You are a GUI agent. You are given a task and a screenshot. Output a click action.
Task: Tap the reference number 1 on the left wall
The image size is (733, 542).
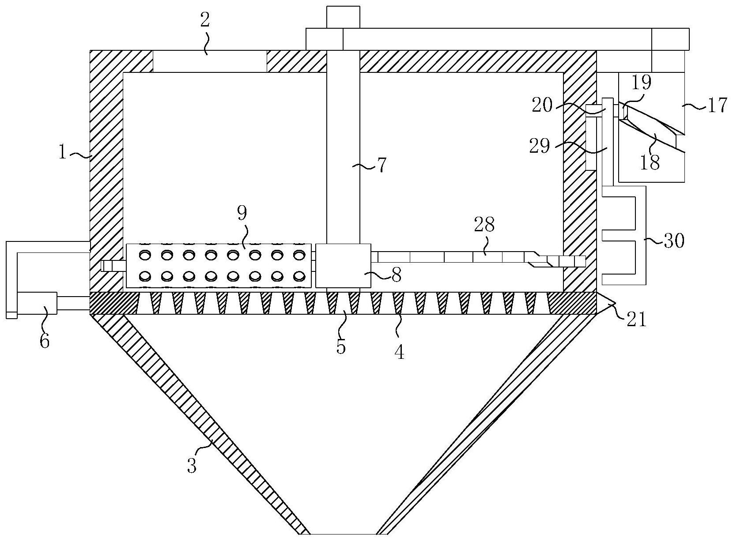63,153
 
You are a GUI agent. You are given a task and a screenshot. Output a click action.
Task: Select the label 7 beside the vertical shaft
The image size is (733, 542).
381,165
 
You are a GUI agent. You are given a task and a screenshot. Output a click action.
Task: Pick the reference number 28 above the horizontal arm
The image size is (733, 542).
484,226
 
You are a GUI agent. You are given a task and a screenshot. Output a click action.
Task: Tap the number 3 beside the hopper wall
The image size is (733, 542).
192,465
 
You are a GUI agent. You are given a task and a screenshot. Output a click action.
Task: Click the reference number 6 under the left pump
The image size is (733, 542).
45,341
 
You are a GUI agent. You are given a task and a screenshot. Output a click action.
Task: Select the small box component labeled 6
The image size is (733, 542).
37,303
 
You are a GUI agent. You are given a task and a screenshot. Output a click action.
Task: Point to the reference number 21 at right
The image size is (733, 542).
636,319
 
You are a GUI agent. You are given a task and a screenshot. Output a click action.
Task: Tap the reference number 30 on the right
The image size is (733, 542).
673,241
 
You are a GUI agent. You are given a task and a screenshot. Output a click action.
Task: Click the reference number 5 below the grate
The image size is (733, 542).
341,346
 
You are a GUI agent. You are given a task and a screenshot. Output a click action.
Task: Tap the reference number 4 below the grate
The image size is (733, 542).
399,352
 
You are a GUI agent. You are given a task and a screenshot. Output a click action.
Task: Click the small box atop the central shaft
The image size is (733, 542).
343,17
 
